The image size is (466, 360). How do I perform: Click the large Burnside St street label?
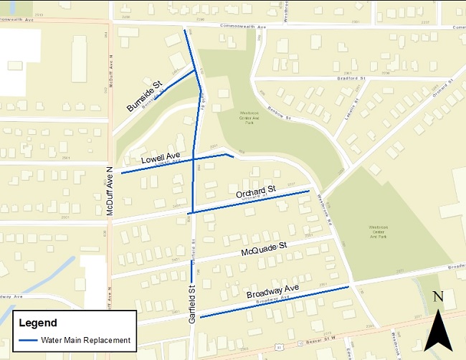(x=144, y=96)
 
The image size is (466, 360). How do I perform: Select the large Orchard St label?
(x=255, y=192)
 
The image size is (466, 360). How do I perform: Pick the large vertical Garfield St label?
(x=192, y=304)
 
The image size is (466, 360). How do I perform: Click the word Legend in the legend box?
(x=38, y=323)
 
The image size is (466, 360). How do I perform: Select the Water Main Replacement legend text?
(x=85, y=340)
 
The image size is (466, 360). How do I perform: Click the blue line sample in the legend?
(x=29, y=340)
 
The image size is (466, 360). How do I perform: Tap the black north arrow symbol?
(x=438, y=331)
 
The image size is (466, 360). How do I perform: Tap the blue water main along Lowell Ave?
(x=172, y=162)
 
